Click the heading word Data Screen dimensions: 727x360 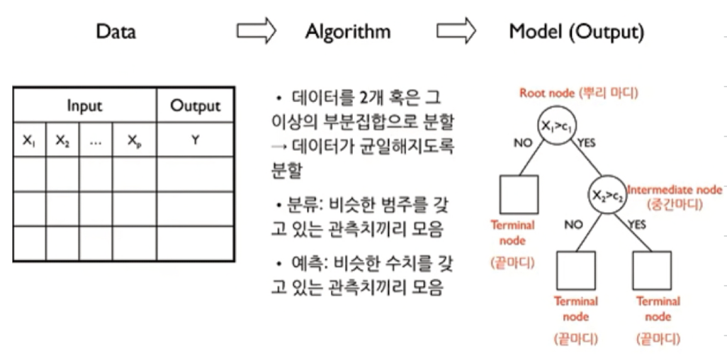[x=115, y=32]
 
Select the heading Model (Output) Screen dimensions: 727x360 [x=576, y=32]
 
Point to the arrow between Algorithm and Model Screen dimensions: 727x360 [x=456, y=31]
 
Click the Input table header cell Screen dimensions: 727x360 [x=84, y=106]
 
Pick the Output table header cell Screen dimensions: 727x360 [x=195, y=106]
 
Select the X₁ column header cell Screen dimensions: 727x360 [x=29, y=140]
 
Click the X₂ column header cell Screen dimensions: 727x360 [x=62, y=140]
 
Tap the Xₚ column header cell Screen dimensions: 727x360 [x=134, y=140]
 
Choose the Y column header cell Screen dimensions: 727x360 [x=195, y=140]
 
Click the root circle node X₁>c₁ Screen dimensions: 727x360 [x=556, y=125]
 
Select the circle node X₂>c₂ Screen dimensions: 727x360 [x=606, y=191]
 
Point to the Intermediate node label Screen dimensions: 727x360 [x=675, y=189]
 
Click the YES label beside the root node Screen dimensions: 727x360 [x=587, y=143]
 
